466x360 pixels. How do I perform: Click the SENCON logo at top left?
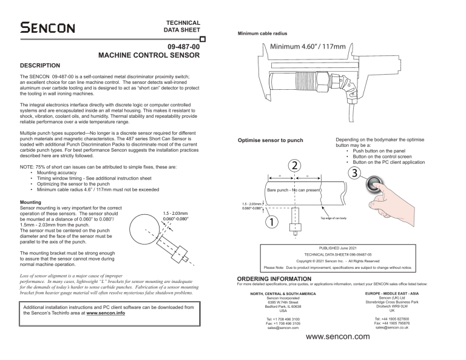(x=47, y=27)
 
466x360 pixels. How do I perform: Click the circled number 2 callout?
(x=294, y=165)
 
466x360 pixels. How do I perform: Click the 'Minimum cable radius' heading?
(x=263, y=33)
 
